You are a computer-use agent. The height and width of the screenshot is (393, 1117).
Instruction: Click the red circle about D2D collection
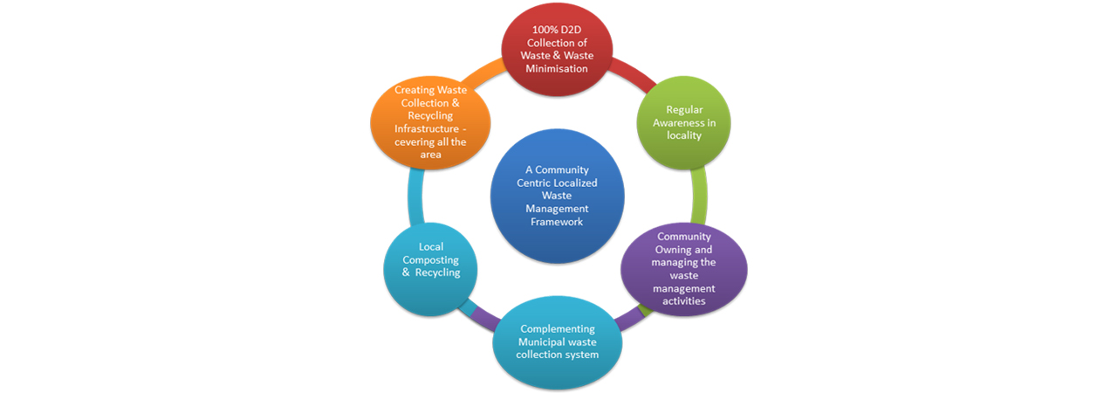click(x=557, y=49)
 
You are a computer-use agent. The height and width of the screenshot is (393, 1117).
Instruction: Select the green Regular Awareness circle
click(x=683, y=122)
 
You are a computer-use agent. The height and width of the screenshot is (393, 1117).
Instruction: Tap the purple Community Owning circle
click(x=683, y=268)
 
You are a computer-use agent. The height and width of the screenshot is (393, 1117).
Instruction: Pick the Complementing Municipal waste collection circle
click(x=557, y=341)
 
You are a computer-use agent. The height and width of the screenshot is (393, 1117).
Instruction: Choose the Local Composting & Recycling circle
click(x=430, y=269)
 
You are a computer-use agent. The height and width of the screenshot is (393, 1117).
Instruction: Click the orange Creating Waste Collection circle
click(x=430, y=122)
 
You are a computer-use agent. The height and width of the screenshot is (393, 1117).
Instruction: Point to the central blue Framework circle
click(x=557, y=196)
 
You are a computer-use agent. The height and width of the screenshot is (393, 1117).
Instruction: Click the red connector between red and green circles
click(x=634, y=75)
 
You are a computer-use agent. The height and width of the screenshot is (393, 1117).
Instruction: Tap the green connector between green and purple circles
click(x=699, y=196)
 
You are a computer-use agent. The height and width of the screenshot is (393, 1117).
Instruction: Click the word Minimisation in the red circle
click(x=557, y=69)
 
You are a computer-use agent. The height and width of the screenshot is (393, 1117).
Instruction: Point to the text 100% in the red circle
click(x=544, y=30)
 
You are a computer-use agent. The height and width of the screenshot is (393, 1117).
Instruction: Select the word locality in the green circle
click(x=684, y=135)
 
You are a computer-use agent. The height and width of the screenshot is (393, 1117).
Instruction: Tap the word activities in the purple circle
click(x=683, y=300)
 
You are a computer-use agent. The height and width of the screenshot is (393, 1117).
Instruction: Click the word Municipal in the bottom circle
click(x=542, y=342)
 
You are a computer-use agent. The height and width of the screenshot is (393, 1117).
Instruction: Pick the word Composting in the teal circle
click(x=430, y=260)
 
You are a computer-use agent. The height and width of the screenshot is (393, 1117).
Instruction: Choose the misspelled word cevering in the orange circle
click(x=415, y=142)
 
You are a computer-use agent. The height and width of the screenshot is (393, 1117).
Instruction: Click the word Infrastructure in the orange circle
click(x=427, y=128)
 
